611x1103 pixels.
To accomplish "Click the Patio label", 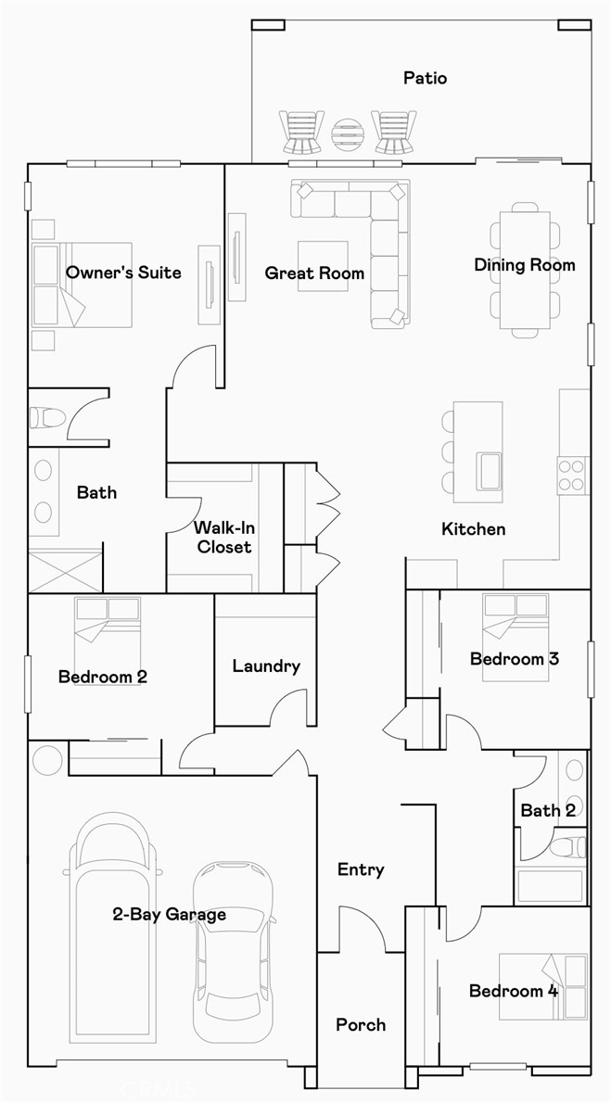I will (x=425, y=78).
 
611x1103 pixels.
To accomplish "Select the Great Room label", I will (x=314, y=273).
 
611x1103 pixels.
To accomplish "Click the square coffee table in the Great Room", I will (x=323, y=266).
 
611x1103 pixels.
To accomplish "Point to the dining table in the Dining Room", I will (x=525, y=269).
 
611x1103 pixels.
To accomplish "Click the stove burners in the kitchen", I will (x=573, y=475).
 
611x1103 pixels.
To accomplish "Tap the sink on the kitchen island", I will (x=489, y=469).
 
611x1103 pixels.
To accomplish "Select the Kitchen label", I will (x=473, y=528).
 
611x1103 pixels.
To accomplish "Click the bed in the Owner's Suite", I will (x=83, y=285).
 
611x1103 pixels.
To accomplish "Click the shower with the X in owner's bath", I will (x=64, y=571).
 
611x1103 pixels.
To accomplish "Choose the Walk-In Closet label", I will (x=223, y=537).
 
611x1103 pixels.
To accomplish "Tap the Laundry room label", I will (x=266, y=666).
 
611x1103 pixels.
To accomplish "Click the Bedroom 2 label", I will (x=102, y=677).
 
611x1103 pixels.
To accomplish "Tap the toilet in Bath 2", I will (x=568, y=846).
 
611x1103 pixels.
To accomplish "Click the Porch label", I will (x=361, y=1024).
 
